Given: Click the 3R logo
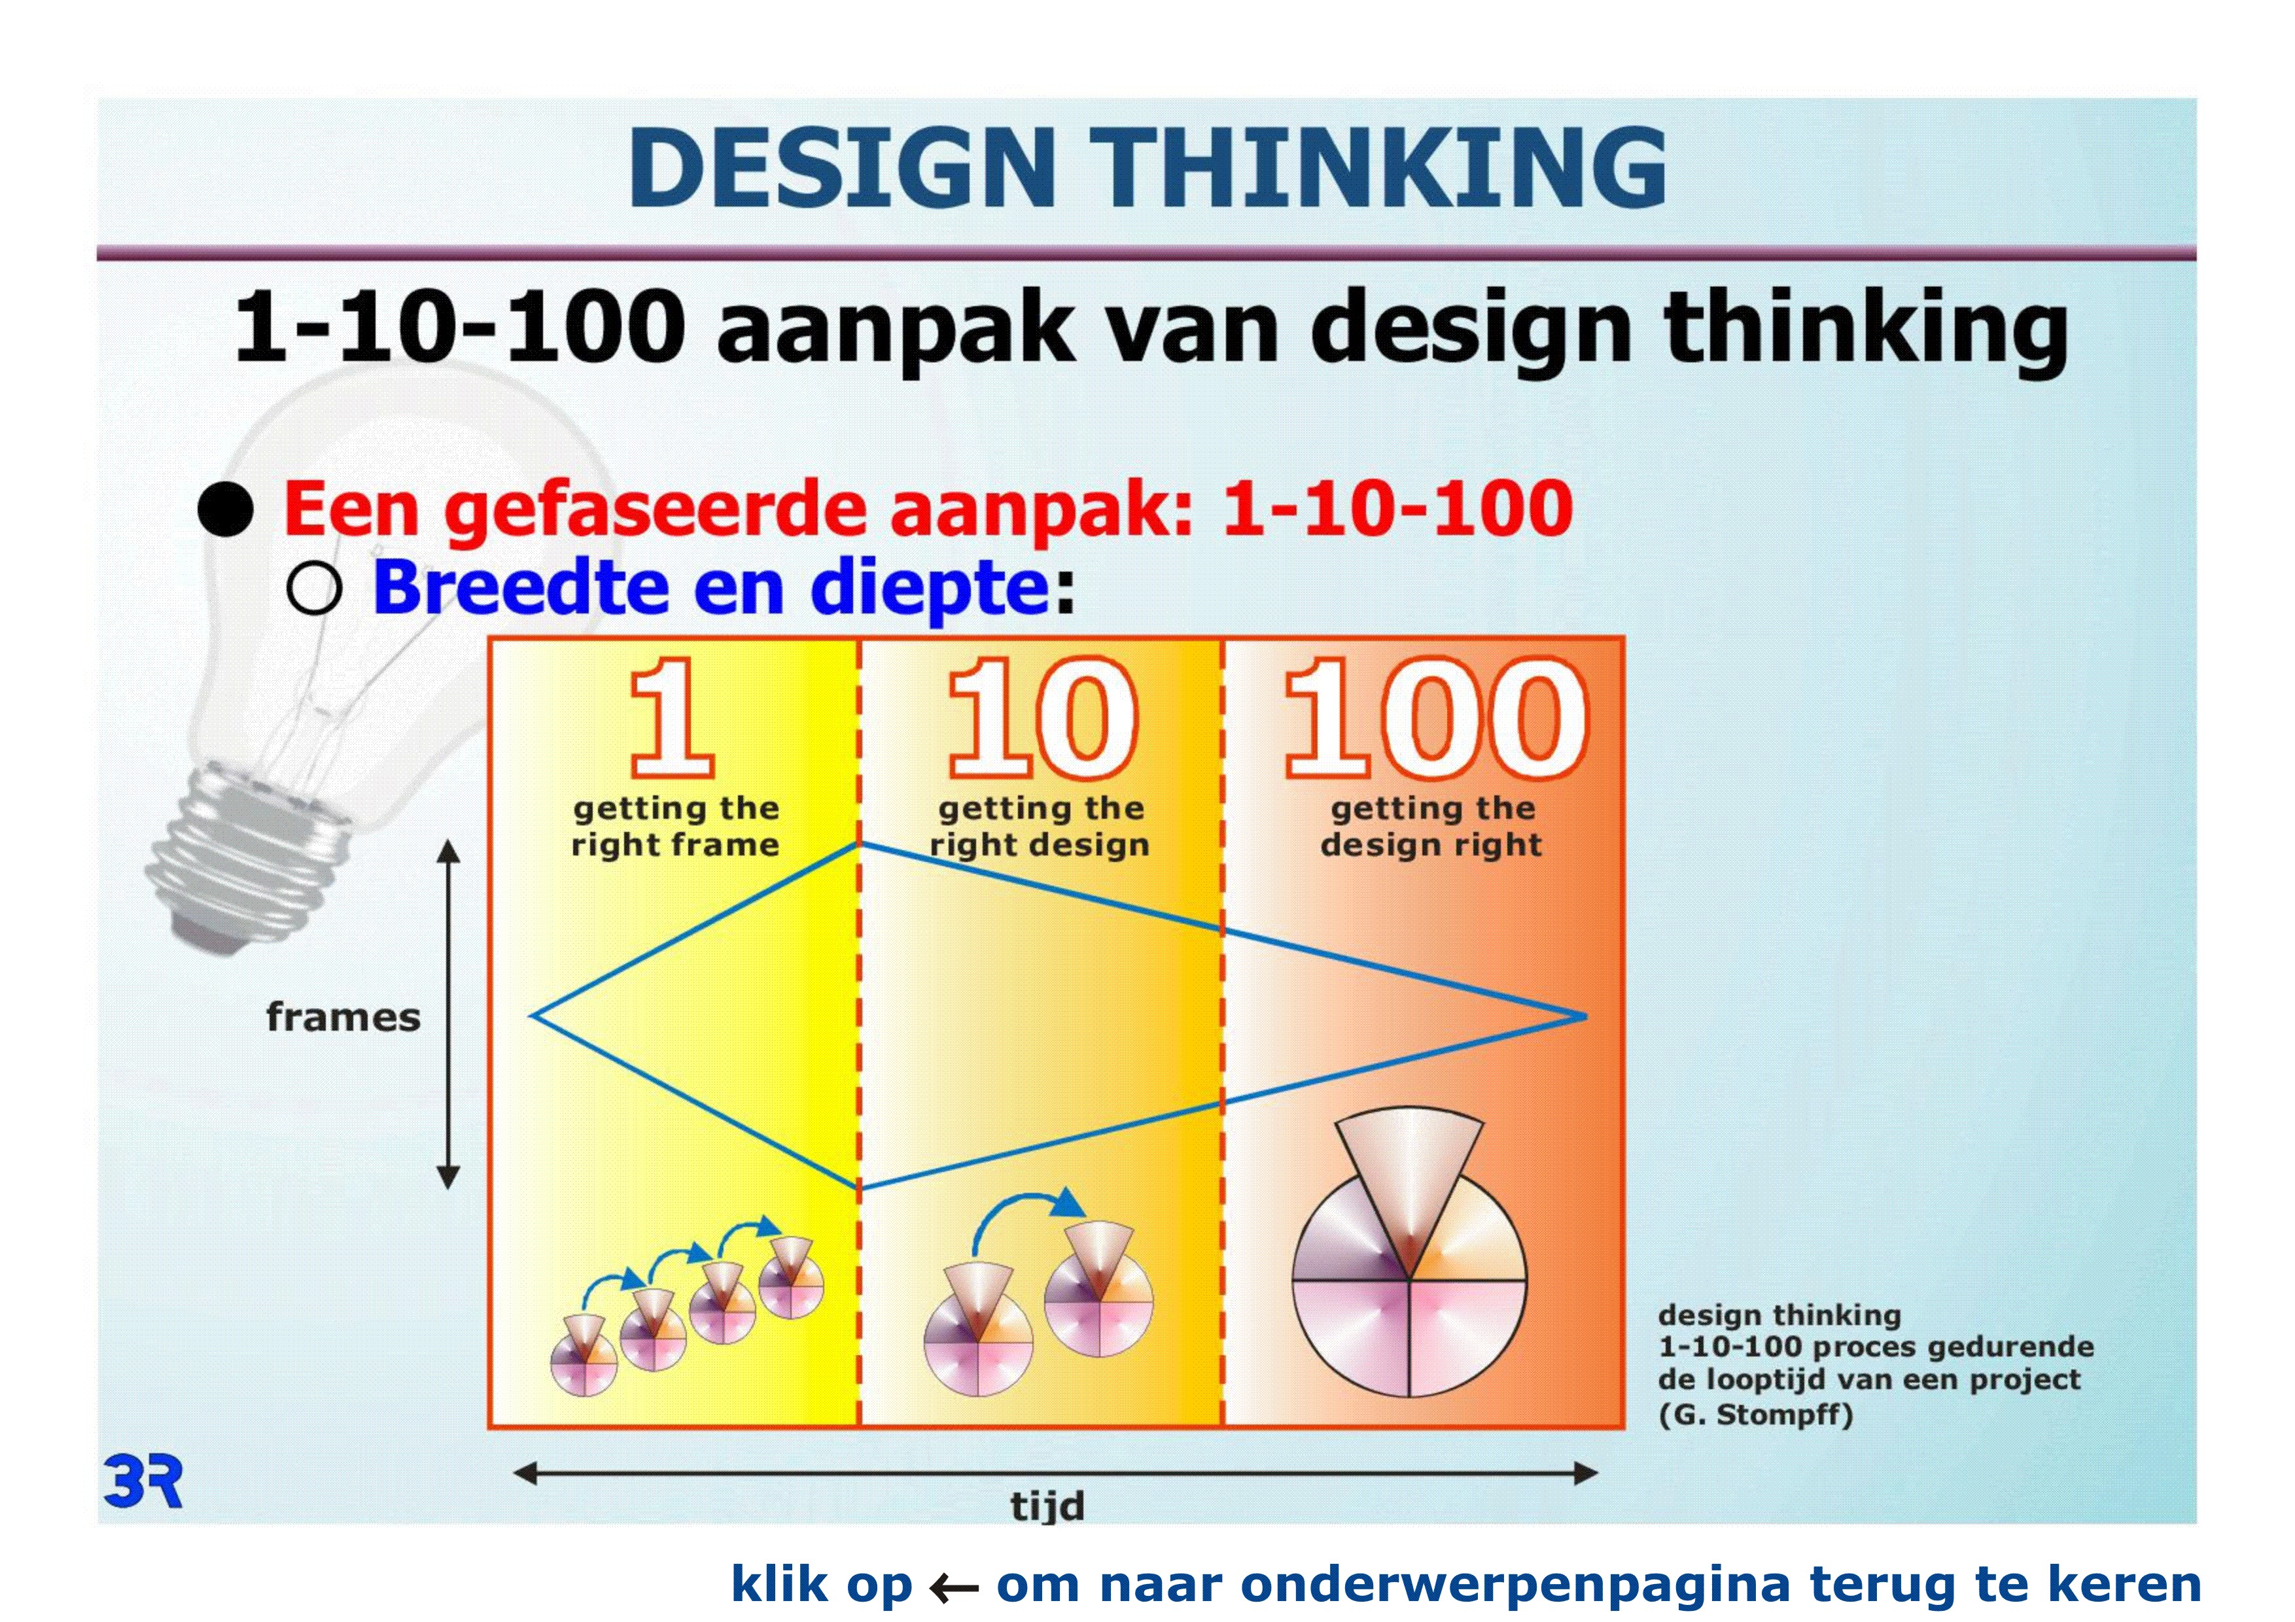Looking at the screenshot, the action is [x=143, y=1481].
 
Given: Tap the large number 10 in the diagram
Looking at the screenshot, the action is [x=1043, y=717].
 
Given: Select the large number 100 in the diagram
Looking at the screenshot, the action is [x=1435, y=717].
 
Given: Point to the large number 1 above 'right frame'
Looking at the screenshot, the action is [x=673, y=717].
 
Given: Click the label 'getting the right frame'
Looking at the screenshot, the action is [x=676, y=827].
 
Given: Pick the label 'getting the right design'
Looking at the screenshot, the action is [x=1041, y=827].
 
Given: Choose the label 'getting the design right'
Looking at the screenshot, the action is [x=1431, y=827].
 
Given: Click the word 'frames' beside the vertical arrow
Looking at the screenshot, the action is [x=343, y=1018].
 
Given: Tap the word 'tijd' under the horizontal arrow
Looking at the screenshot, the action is [x=1047, y=1504].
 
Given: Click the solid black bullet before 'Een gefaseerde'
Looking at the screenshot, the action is [x=225, y=509].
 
